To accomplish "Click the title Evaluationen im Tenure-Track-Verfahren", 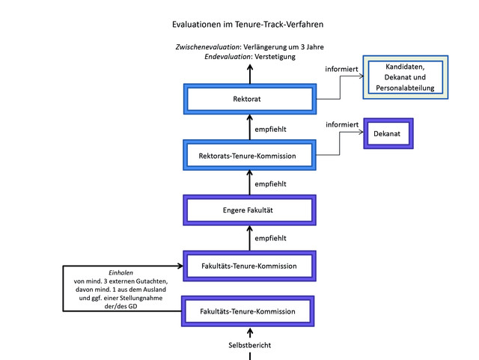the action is click(248, 25).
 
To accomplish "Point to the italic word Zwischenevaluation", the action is click(207, 47).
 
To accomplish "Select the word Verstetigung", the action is click(275, 57).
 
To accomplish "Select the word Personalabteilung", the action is click(405, 88).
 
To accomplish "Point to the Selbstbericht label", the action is click(249, 345).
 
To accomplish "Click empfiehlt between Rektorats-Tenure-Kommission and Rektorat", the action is click(270, 129).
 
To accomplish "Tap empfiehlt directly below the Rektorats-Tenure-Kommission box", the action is click(270, 184).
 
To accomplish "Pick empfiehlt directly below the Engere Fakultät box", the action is click(270, 238).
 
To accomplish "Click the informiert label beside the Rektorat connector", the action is click(341, 70).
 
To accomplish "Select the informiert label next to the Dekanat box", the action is click(342, 125).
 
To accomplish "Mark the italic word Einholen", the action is click(120, 272).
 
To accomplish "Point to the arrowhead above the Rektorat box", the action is click(250, 67).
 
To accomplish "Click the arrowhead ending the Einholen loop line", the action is click(180, 266).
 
